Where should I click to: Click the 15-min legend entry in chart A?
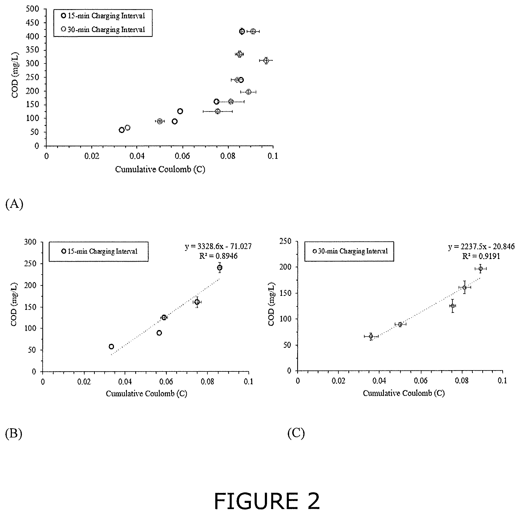click(103, 16)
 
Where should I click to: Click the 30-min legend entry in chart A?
click(103, 29)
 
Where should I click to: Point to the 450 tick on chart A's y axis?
click(33, 23)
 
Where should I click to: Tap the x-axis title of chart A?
click(160, 169)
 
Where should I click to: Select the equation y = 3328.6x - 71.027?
click(218, 246)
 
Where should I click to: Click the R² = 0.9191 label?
click(481, 256)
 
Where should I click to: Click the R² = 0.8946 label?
click(218, 256)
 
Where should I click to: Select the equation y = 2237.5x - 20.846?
click(481, 247)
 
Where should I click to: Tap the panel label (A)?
click(14, 204)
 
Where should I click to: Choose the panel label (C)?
click(296, 434)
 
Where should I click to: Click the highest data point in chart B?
click(220, 268)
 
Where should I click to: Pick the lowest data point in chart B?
click(111, 346)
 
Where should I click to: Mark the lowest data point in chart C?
click(371, 336)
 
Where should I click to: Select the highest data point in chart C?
click(480, 268)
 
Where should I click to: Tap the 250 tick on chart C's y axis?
click(285, 241)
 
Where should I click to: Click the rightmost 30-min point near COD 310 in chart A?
click(266, 61)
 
